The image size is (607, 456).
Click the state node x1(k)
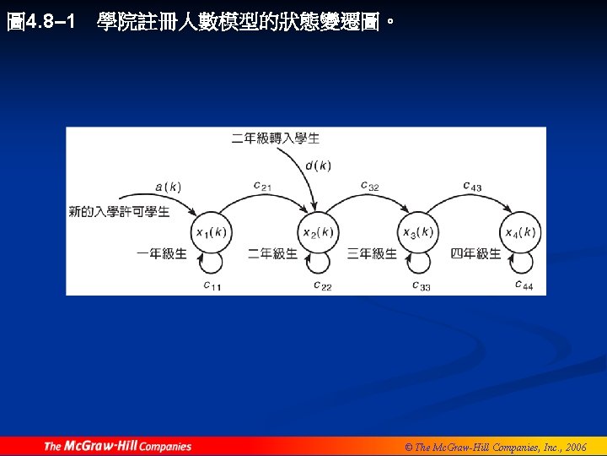pyautogui.click(x=211, y=232)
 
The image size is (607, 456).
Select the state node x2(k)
pyautogui.click(x=317, y=232)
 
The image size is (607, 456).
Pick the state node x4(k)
pyautogui.click(x=519, y=232)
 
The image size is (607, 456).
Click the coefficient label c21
pyautogui.click(x=262, y=186)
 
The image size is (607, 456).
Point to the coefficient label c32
pyautogui.click(x=369, y=186)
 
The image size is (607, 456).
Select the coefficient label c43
pyautogui.click(x=472, y=186)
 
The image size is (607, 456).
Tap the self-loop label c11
pyautogui.click(x=212, y=286)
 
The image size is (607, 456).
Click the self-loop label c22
pyautogui.click(x=322, y=286)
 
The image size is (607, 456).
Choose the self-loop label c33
pyautogui.click(x=422, y=286)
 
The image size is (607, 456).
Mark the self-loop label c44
pyautogui.click(x=524, y=285)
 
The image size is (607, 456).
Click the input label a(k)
pyautogui.click(x=169, y=187)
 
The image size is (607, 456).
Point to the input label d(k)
pyautogui.click(x=318, y=166)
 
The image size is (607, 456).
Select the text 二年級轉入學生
pyautogui.click(x=276, y=138)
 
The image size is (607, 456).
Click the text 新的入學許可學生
pyautogui.click(x=119, y=211)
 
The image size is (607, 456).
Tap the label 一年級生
pyautogui.click(x=162, y=253)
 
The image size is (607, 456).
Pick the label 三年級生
pyautogui.click(x=372, y=253)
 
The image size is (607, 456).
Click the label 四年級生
pyautogui.click(x=475, y=253)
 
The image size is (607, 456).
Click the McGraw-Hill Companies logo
pyautogui.click(x=118, y=446)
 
